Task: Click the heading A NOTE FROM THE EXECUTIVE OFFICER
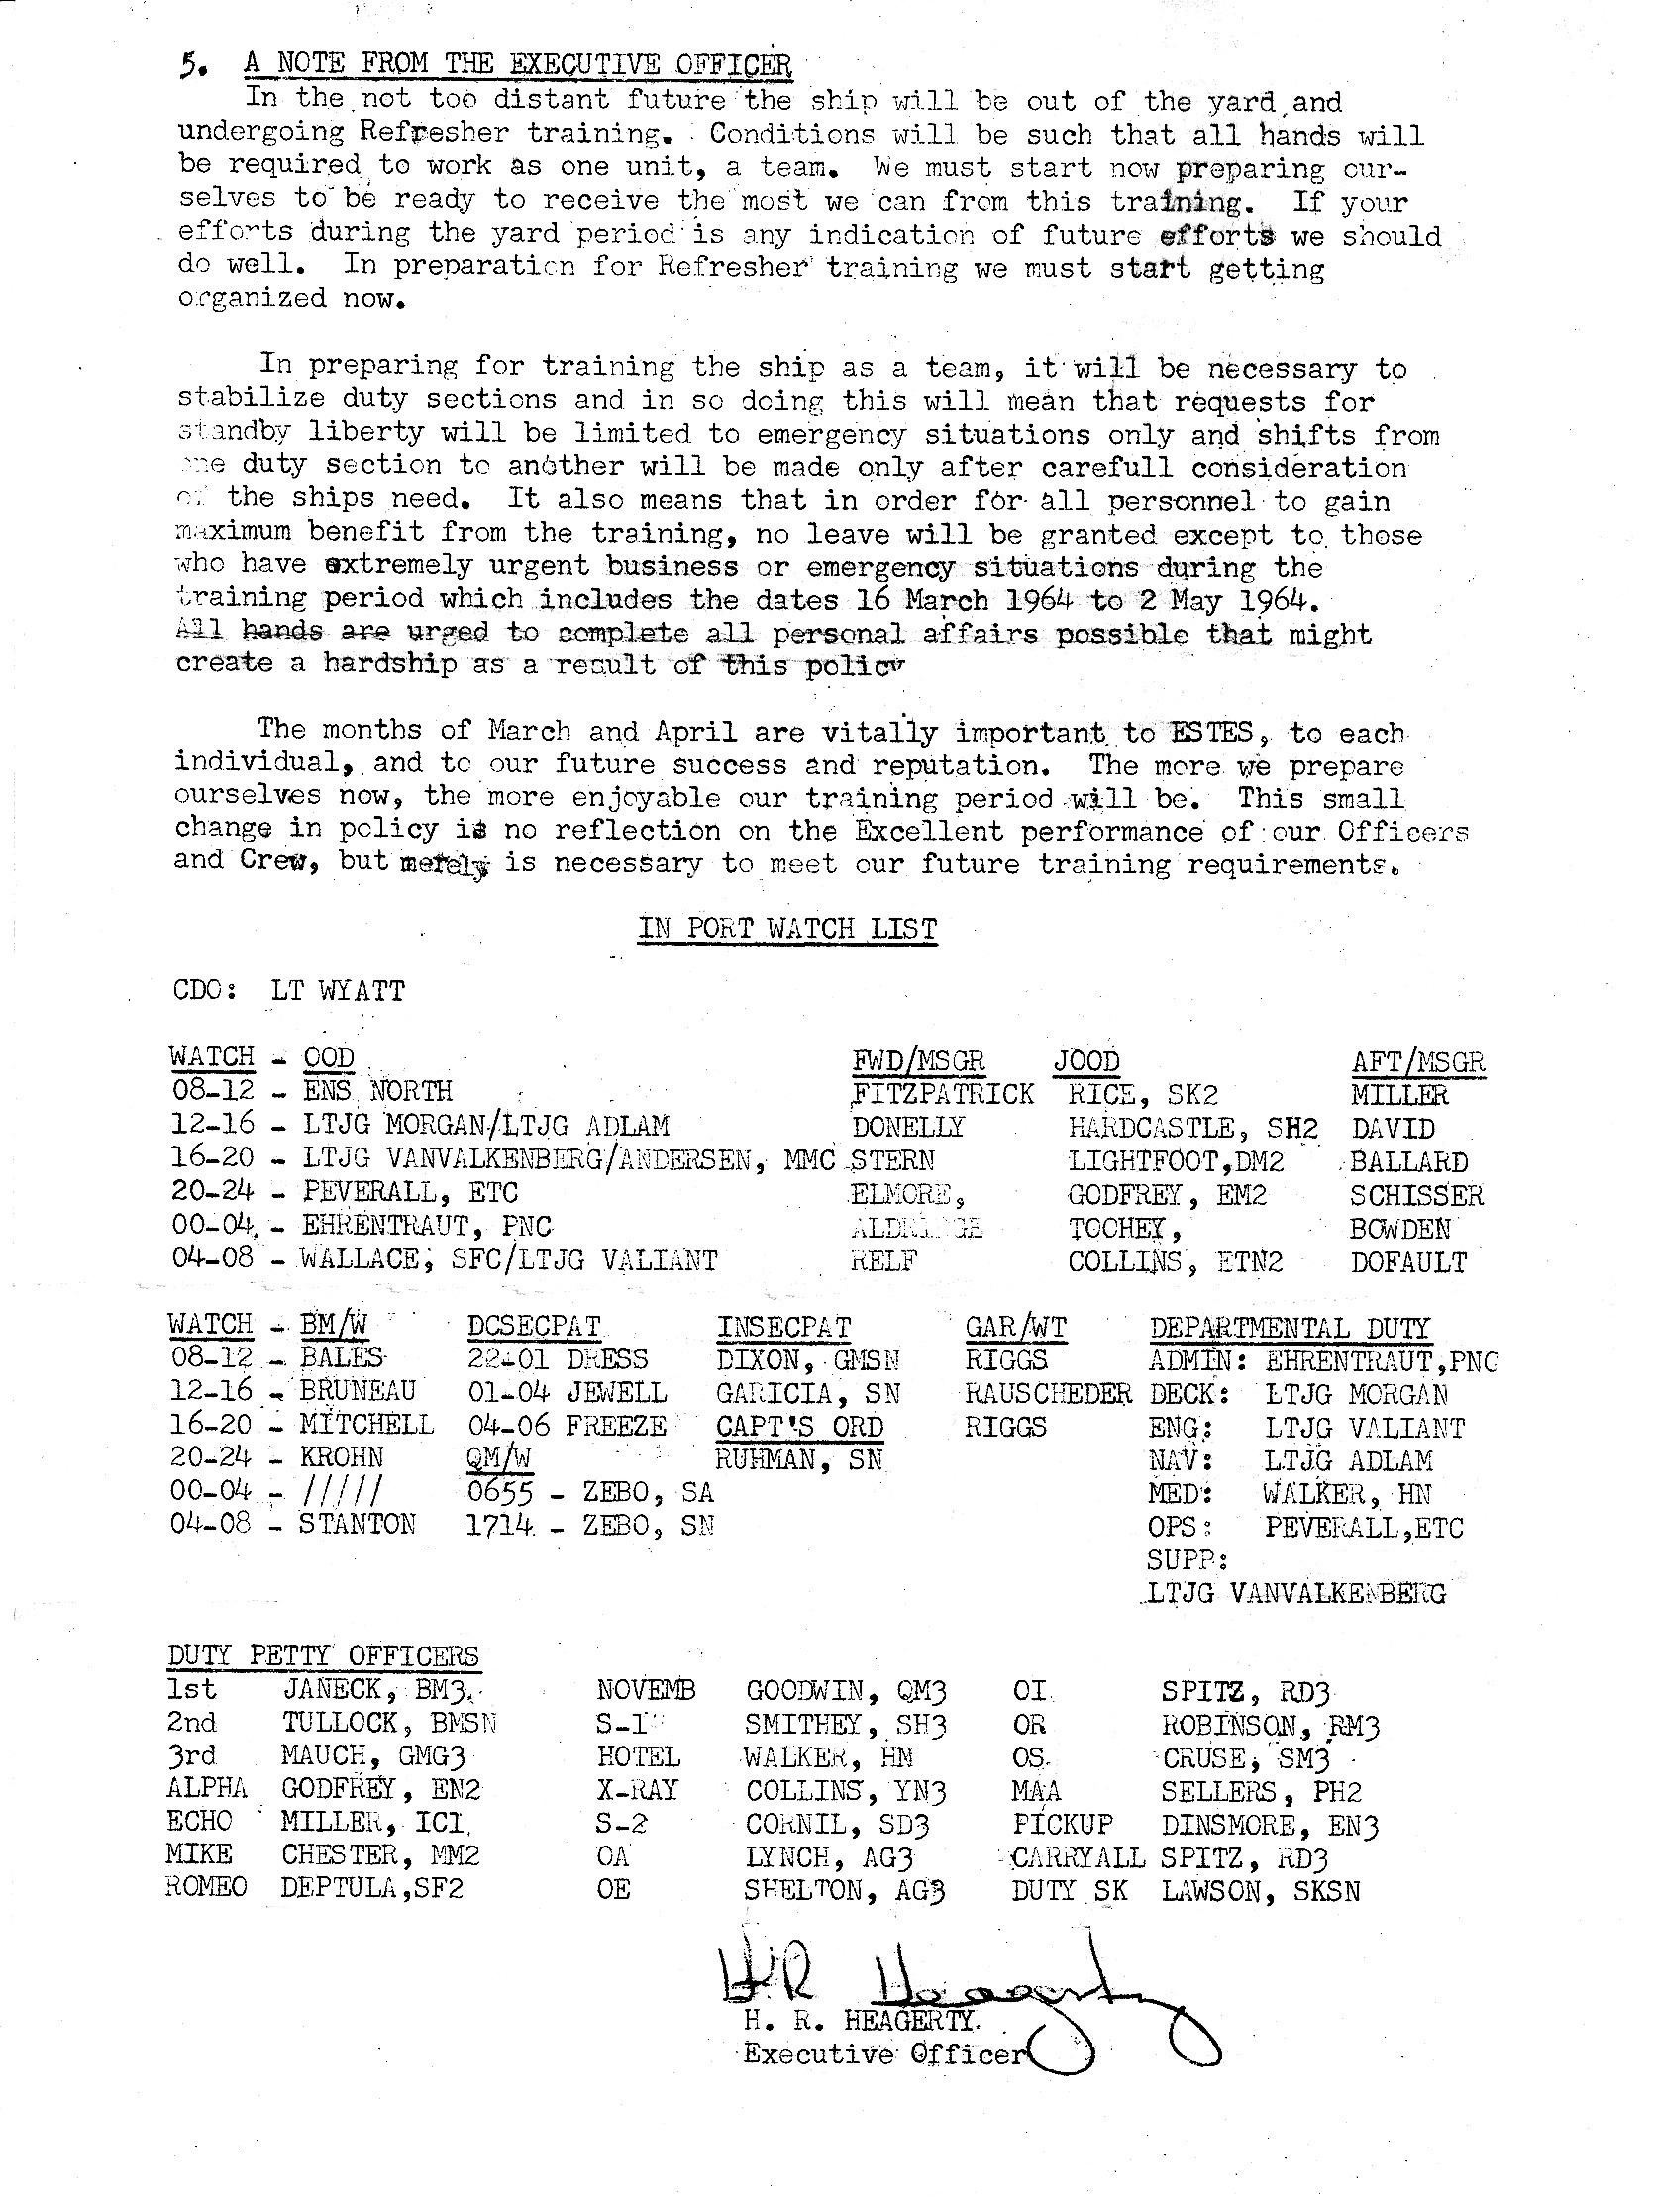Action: [518, 65]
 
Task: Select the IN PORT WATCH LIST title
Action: [786, 929]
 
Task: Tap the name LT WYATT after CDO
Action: [337, 991]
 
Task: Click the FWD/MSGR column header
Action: [918, 1061]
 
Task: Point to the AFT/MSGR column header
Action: [1417, 1062]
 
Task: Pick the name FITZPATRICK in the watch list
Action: [943, 1094]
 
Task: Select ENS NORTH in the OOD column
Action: [377, 1092]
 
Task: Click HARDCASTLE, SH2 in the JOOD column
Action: [1192, 1129]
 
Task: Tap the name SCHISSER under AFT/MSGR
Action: [1415, 1196]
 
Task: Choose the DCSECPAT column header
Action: [534, 1328]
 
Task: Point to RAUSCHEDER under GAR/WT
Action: [1048, 1393]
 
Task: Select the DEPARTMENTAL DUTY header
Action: [1289, 1328]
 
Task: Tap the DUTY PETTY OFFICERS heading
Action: [323, 1656]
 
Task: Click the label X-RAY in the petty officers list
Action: [637, 1790]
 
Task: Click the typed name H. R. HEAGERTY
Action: [861, 2021]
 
